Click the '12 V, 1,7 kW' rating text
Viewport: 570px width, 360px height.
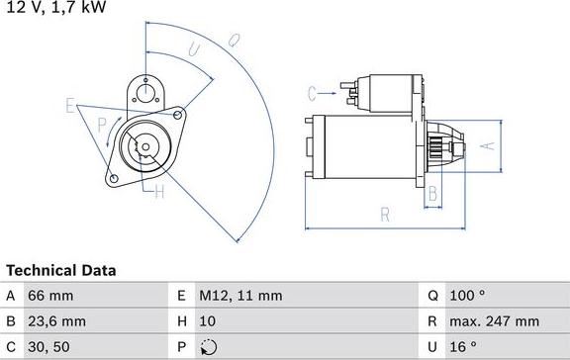tap(54, 8)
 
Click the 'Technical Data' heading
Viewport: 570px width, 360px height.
tap(61, 269)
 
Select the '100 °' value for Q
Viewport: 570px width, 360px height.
tap(468, 295)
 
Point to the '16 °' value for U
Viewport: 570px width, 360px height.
tap(464, 347)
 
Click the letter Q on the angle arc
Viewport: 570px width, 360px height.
tap(234, 41)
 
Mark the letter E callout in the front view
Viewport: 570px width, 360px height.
tap(70, 104)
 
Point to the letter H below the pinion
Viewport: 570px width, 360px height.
tap(158, 193)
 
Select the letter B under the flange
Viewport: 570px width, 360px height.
tap(432, 194)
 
